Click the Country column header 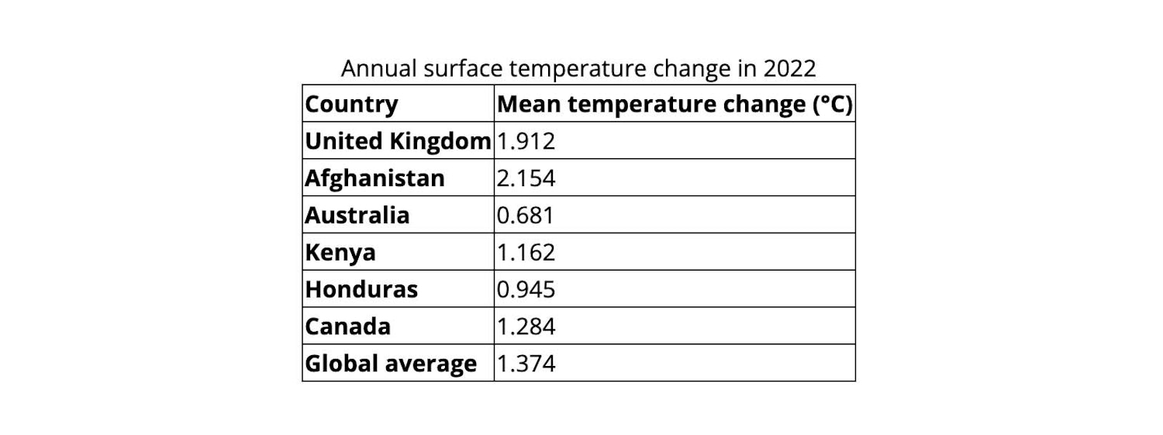coord(351,104)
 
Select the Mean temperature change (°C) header coord(675,104)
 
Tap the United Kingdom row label coord(398,141)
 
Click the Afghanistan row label coord(374,178)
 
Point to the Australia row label coord(357,215)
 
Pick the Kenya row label coord(340,252)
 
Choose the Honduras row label coord(361,289)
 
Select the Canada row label coord(347,326)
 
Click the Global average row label coord(391,364)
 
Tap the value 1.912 coord(526,141)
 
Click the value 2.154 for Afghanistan coord(526,178)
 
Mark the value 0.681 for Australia coord(526,215)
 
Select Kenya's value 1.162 coord(526,252)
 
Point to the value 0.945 coord(526,289)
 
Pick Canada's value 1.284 coord(526,326)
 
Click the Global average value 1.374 coord(526,364)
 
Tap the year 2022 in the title coord(789,69)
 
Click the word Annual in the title coord(380,69)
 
